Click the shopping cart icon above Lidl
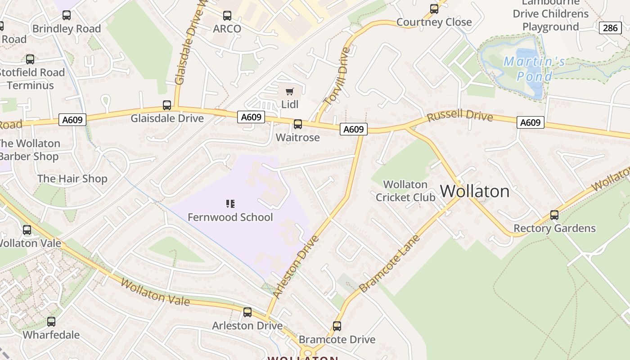[x=290, y=92]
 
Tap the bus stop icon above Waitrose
[x=297, y=124]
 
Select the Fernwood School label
[x=230, y=217]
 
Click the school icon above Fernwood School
[x=230, y=204]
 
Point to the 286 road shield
[x=610, y=28]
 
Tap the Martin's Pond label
[x=534, y=68]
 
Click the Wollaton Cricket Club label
[x=405, y=191]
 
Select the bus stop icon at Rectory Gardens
[x=554, y=215]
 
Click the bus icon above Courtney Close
[x=434, y=9]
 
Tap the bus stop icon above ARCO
[x=227, y=16]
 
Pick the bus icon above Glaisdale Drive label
[x=167, y=105]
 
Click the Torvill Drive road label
[x=337, y=76]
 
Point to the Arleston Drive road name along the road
[x=296, y=266]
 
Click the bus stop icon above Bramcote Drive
[x=337, y=326]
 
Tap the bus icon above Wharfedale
[x=51, y=322]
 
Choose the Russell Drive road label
[x=459, y=115]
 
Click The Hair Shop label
[x=72, y=179]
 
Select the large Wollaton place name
[x=475, y=191]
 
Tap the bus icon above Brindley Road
[x=67, y=15]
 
